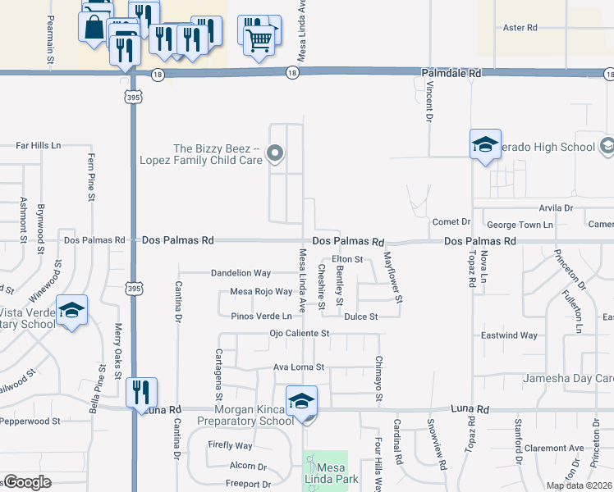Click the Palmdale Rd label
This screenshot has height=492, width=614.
[451, 74]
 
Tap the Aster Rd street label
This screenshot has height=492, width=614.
[520, 28]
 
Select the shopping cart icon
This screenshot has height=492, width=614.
[259, 37]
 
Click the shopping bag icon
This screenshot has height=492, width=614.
[95, 25]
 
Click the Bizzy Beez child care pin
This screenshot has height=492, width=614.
[276, 153]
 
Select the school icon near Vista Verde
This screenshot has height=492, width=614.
[72, 310]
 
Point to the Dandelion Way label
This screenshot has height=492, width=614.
[241, 273]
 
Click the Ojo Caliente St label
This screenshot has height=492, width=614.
[299, 334]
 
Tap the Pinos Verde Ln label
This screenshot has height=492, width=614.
[261, 316]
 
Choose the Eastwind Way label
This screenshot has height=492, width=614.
[509, 335]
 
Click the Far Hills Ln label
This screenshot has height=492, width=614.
[39, 145]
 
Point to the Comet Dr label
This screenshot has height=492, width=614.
[451, 222]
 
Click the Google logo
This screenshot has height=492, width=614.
[27, 482]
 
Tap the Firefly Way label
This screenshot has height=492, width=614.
[230, 446]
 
